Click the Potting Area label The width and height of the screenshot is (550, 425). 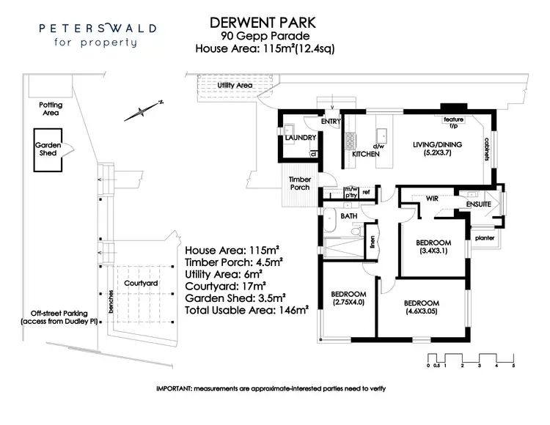click(50, 109)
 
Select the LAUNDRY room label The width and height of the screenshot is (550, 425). click(300, 137)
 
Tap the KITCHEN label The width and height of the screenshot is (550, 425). click(366, 155)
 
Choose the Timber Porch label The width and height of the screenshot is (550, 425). click(300, 183)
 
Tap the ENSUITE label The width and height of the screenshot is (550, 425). click(477, 204)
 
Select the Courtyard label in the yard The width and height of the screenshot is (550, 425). click(138, 282)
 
